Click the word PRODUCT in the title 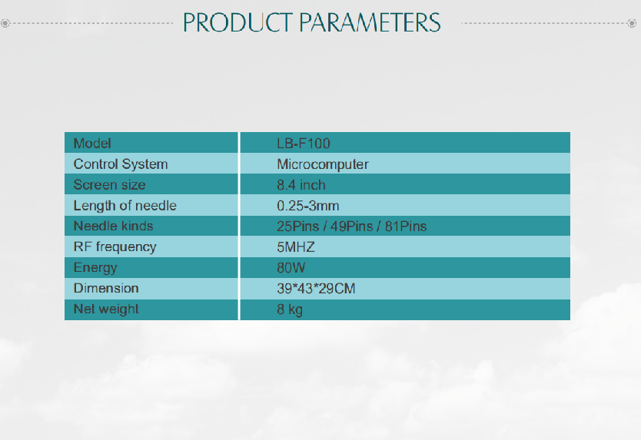point(237,22)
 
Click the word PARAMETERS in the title point(370,22)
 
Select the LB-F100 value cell point(304,144)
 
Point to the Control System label point(121,164)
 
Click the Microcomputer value point(323,164)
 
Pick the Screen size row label point(110,184)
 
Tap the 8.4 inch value point(301,185)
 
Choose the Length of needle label point(125,206)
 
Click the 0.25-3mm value point(308,206)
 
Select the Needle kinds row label point(113,226)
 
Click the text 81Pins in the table point(406,227)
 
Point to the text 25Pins point(297,227)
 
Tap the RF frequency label point(115,246)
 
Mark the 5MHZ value point(296,247)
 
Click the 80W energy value point(291,267)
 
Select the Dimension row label point(106,288)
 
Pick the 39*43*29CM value point(316,289)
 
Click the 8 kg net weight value point(290,309)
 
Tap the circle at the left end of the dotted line point(5,23)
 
